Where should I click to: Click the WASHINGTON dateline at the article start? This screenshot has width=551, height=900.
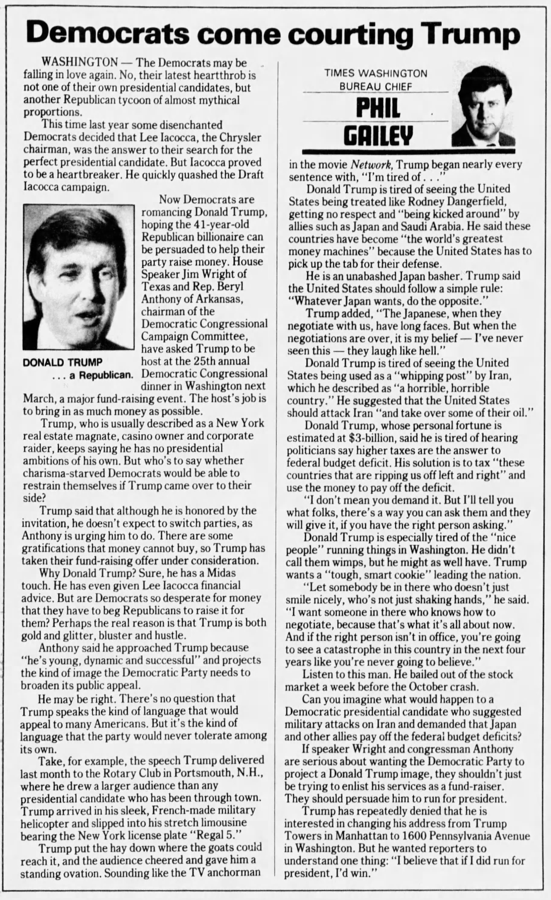pos(80,63)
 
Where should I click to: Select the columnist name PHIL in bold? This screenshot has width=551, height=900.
pos(378,108)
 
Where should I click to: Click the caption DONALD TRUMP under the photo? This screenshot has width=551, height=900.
pos(62,363)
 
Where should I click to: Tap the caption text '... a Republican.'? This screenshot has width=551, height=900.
pos(92,375)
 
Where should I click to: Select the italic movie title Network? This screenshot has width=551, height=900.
pos(372,165)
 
